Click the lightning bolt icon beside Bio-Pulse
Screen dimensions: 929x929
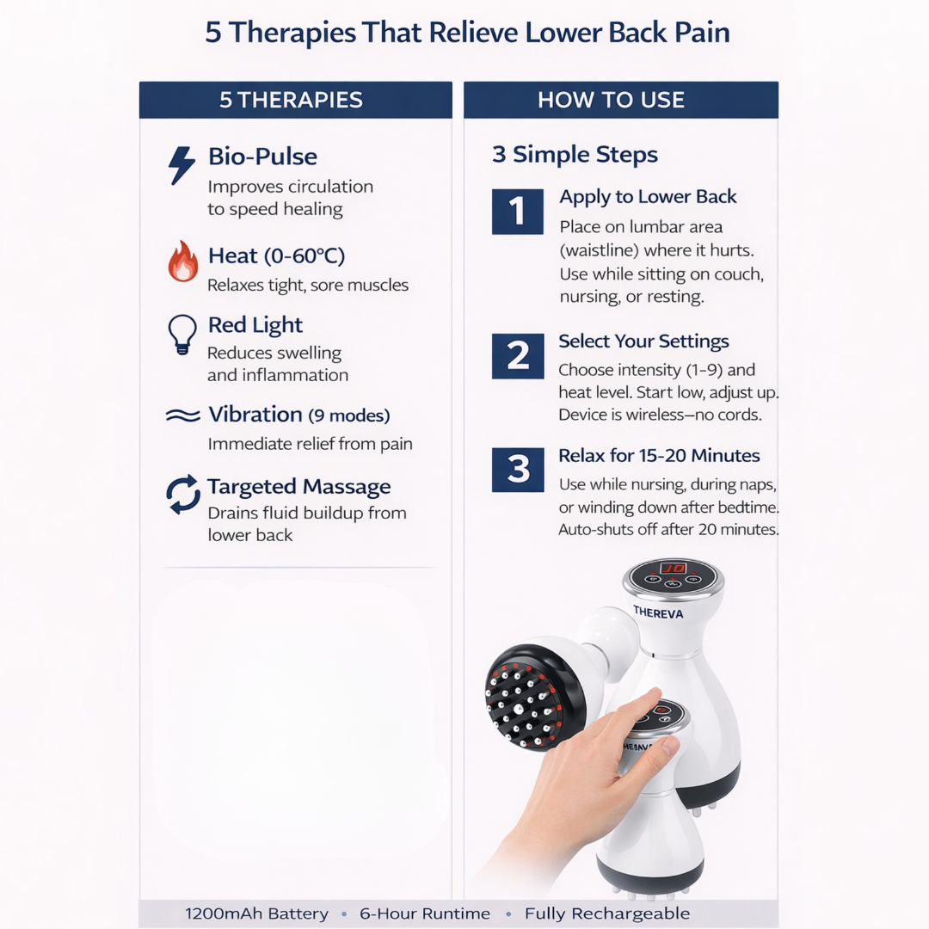(181, 165)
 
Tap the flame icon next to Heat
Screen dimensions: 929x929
(182, 261)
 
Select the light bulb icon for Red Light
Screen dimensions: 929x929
(181, 334)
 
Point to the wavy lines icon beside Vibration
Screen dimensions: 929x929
(182, 416)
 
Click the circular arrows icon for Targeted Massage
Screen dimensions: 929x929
(182, 495)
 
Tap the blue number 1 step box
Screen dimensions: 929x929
(518, 212)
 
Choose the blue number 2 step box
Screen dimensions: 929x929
(518, 356)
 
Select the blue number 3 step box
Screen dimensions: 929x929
(518, 470)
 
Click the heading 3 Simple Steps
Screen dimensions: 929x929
(575, 156)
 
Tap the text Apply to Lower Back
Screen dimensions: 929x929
(648, 197)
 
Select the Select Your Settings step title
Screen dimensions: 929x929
(643, 341)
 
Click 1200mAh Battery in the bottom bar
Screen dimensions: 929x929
(256, 914)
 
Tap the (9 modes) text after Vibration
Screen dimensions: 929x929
(349, 416)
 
